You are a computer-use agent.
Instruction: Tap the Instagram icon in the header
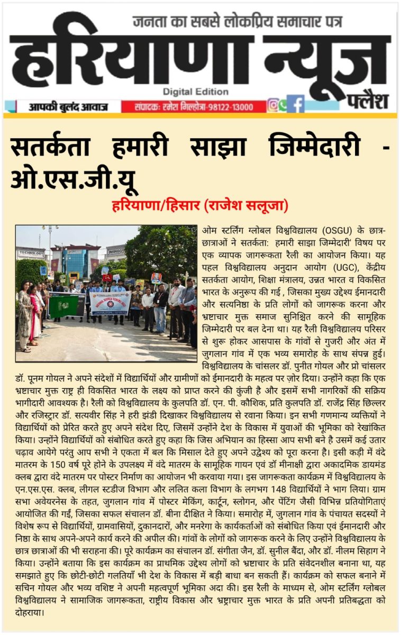coord(273,105)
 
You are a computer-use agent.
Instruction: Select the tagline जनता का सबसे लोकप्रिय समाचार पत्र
coord(237,22)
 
